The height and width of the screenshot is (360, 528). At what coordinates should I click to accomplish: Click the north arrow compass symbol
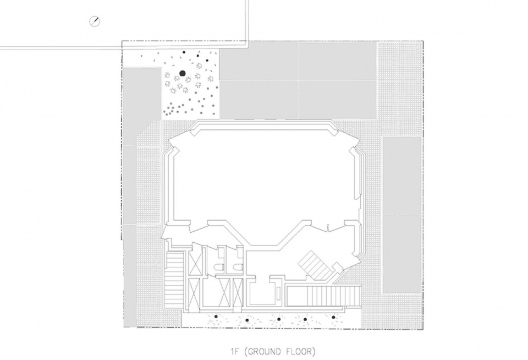tap(95, 21)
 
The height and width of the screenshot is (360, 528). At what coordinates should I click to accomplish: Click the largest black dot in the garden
tap(183, 73)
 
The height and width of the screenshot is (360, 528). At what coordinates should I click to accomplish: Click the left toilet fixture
tap(221, 267)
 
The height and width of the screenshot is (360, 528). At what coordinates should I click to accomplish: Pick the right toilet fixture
tap(238, 267)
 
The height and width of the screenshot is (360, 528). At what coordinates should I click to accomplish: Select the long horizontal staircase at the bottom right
tap(323, 295)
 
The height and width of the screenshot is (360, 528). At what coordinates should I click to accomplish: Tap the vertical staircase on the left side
tap(174, 278)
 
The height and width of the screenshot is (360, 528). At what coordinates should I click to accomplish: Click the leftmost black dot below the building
tap(216, 317)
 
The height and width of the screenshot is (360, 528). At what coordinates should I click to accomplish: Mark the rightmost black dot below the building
tap(333, 317)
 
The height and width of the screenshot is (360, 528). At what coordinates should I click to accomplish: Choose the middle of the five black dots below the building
tap(278, 319)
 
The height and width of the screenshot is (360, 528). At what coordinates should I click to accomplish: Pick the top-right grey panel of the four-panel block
tap(337, 61)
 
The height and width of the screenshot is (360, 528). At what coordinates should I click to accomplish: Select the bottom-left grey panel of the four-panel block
tap(258, 100)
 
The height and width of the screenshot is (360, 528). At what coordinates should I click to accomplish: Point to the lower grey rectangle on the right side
tap(403, 254)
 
